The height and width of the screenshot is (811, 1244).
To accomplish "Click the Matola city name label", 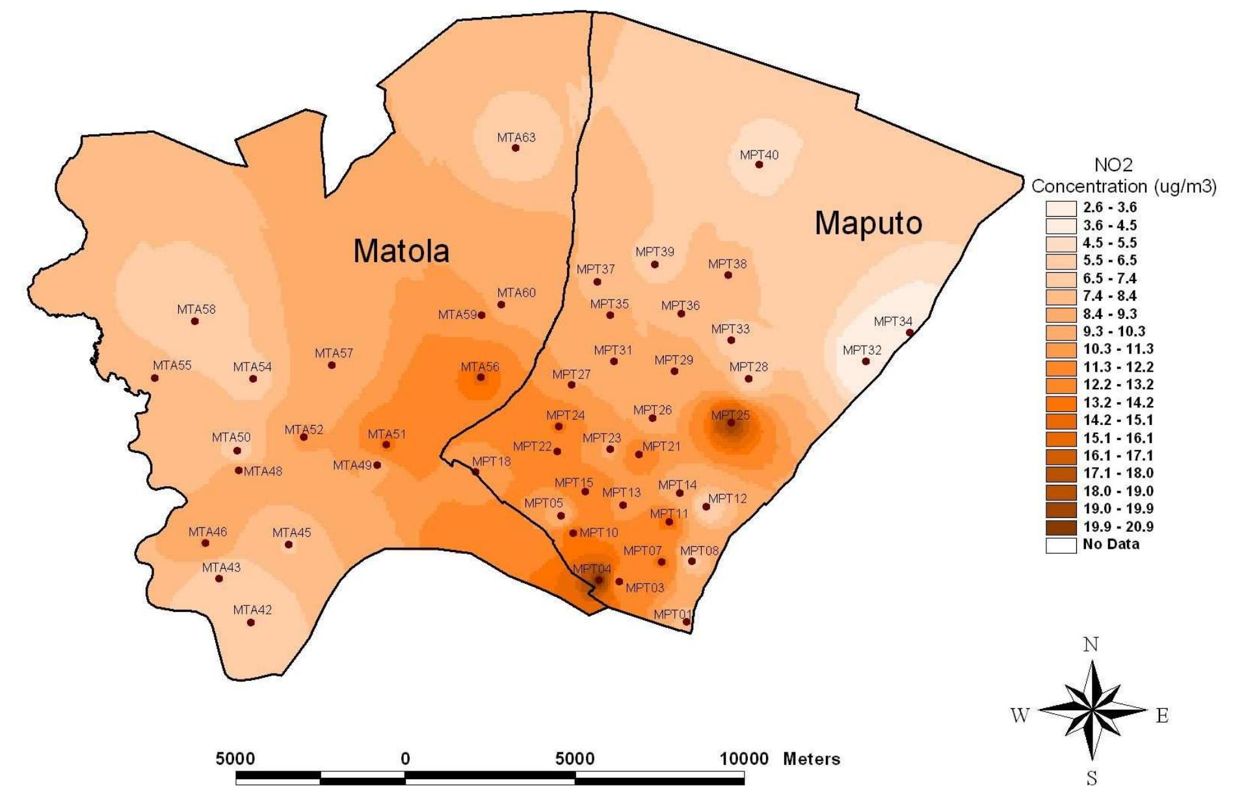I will pyautogui.click(x=401, y=251).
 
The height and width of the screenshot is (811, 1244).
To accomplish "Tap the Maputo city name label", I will pyautogui.click(x=867, y=223).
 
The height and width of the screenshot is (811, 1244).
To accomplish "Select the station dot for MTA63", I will pyautogui.click(x=516, y=148).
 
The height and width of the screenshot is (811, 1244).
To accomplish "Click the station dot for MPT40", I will pyautogui.click(x=759, y=165).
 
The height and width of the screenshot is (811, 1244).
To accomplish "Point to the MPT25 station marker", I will pyautogui.click(x=731, y=423).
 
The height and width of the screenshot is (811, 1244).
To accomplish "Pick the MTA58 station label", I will pyautogui.click(x=196, y=310).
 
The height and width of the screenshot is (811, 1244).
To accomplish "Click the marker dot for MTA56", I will pyautogui.click(x=481, y=378).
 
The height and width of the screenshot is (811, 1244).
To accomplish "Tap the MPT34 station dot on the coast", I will pyautogui.click(x=910, y=333).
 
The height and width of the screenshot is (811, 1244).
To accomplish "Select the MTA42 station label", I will pyautogui.click(x=252, y=611).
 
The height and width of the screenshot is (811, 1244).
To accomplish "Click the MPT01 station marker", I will pyautogui.click(x=686, y=622).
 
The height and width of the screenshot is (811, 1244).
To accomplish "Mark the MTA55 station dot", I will pyautogui.click(x=155, y=378).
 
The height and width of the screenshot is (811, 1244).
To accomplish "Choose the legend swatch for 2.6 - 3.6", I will pyautogui.click(x=1061, y=208).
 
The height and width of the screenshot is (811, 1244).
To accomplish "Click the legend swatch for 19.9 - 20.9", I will pyautogui.click(x=1061, y=527).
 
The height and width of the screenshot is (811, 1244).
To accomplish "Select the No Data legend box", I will pyautogui.click(x=1061, y=545).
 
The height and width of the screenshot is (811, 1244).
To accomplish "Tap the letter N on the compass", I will pyautogui.click(x=1091, y=645).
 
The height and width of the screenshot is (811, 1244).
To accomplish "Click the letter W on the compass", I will pyautogui.click(x=1020, y=715).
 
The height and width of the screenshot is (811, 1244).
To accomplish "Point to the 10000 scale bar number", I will pyautogui.click(x=744, y=759).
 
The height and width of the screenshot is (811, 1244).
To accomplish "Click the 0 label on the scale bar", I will pyautogui.click(x=405, y=759).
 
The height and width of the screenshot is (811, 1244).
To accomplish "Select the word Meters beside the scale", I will pyautogui.click(x=812, y=759).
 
